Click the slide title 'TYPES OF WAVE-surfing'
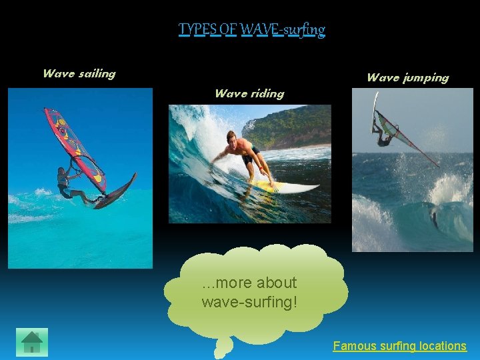click(251, 30)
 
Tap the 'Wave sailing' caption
click(79, 73)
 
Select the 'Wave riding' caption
click(249, 93)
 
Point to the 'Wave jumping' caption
click(407, 77)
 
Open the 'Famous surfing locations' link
click(399, 346)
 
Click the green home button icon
click(32, 342)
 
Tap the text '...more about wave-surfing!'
click(249, 292)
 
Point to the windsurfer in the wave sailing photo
click(67, 183)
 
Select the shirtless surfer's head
click(232, 139)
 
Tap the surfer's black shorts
click(250, 159)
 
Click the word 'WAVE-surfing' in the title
click(283, 30)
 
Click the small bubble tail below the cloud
click(224, 347)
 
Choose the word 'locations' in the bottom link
click(442, 346)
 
